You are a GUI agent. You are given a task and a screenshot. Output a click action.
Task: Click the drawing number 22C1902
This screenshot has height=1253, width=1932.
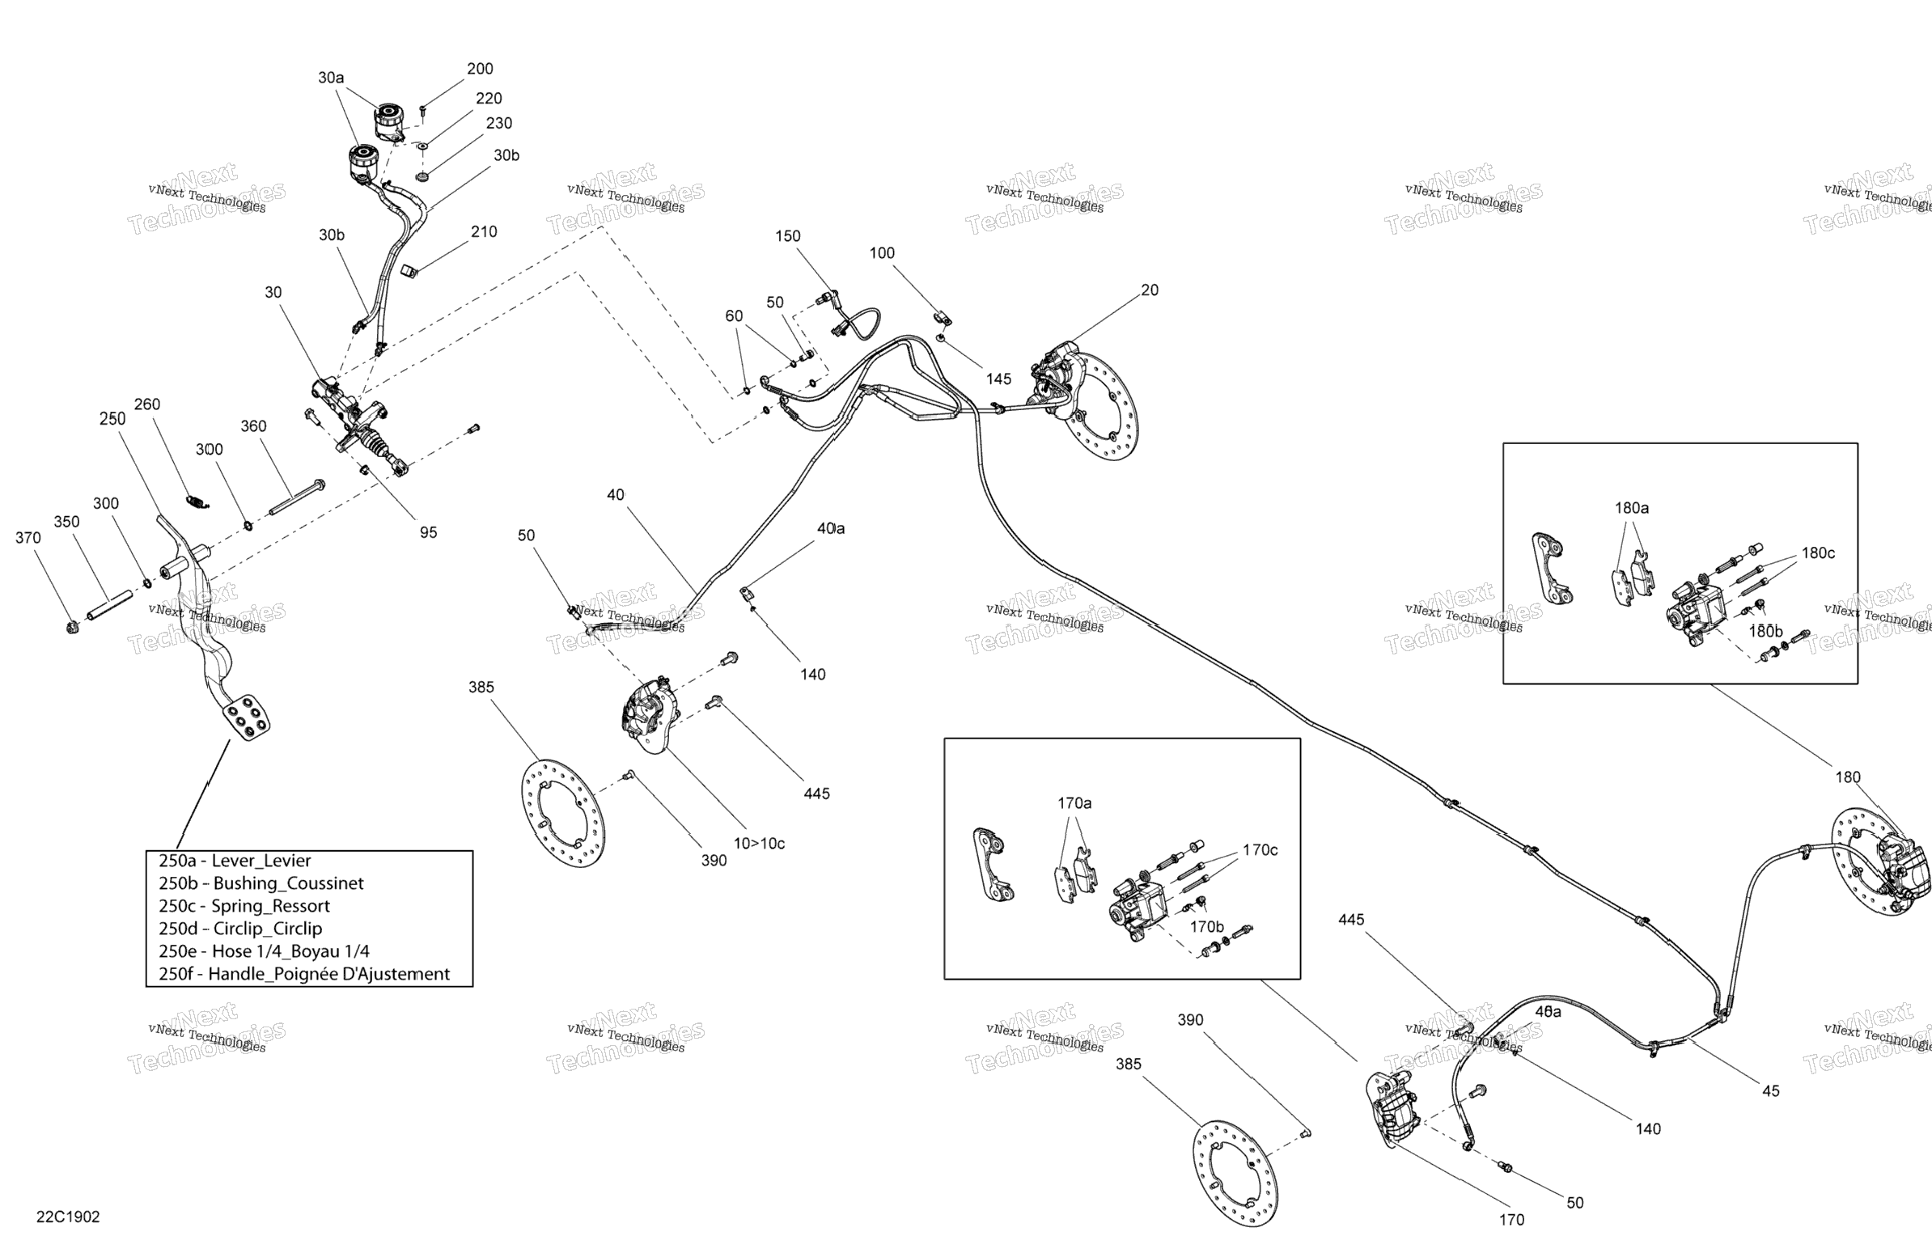click(x=67, y=1217)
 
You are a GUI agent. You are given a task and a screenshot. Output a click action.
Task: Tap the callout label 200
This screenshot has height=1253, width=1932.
click(x=480, y=69)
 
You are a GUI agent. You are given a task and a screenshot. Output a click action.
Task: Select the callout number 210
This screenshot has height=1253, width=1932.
click(x=484, y=231)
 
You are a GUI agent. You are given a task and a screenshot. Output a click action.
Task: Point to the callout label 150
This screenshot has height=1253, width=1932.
click(x=787, y=236)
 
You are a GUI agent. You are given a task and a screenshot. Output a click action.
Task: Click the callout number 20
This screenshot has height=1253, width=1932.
click(x=1150, y=290)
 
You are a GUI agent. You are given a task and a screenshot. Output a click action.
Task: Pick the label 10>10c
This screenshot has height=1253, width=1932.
click(x=759, y=843)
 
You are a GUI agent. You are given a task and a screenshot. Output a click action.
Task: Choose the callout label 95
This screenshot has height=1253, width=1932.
click(x=428, y=532)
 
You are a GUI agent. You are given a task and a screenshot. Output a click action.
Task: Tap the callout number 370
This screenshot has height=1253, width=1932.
click(x=28, y=537)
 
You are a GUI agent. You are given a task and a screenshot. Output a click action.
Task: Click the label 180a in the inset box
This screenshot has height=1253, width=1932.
click(x=1631, y=508)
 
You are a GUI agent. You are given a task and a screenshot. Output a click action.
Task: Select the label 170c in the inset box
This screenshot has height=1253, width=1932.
click(x=1260, y=849)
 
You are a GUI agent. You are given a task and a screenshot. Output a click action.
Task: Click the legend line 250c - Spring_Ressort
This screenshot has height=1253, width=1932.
click(x=244, y=906)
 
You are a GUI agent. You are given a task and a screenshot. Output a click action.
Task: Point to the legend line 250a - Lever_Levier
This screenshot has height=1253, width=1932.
click(x=235, y=860)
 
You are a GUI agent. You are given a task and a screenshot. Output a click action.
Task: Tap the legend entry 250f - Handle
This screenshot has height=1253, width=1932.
click(x=303, y=974)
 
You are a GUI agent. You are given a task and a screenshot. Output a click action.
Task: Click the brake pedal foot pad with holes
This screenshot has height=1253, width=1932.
click(x=247, y=716)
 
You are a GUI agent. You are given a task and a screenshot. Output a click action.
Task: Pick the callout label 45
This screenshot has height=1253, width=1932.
click(x=1770, y=1090)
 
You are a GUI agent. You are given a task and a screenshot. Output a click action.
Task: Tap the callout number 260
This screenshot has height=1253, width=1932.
click(x=147, y=404)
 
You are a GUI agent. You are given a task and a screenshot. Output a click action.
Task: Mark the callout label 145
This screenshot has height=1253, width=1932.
click(x=998, y=379)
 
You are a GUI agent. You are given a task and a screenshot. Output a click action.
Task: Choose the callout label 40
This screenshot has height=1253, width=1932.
click(x=616, y=494)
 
